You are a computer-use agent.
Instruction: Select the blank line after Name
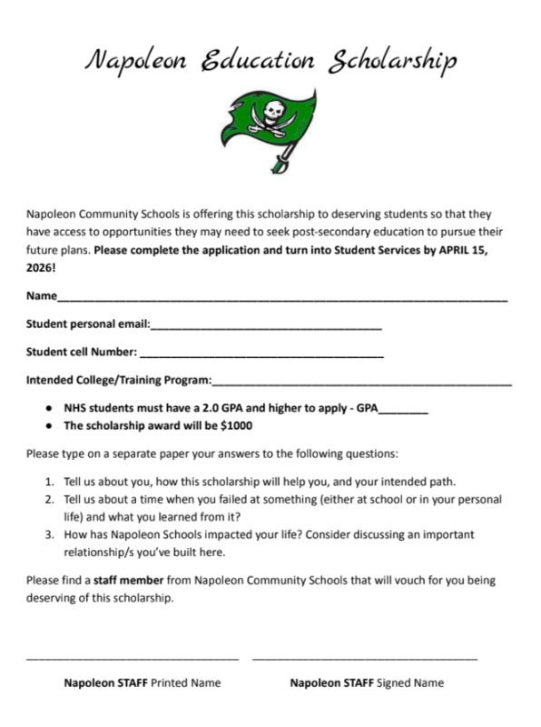click(x=281, y=299)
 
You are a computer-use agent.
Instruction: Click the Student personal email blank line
click(x=265, y=326)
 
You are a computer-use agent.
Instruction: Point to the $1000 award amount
click(x=236, y=425)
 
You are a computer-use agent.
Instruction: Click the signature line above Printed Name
click(x=133, y=656)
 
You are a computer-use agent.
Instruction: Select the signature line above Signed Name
click(x=365, y=656)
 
